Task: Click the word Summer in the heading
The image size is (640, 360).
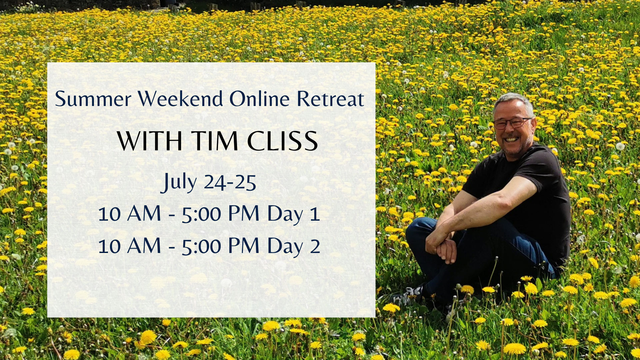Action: click(x=93, y=99)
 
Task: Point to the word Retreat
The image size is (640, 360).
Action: click(x=330, y=99)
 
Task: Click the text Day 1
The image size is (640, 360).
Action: click(x=294, y=214)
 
